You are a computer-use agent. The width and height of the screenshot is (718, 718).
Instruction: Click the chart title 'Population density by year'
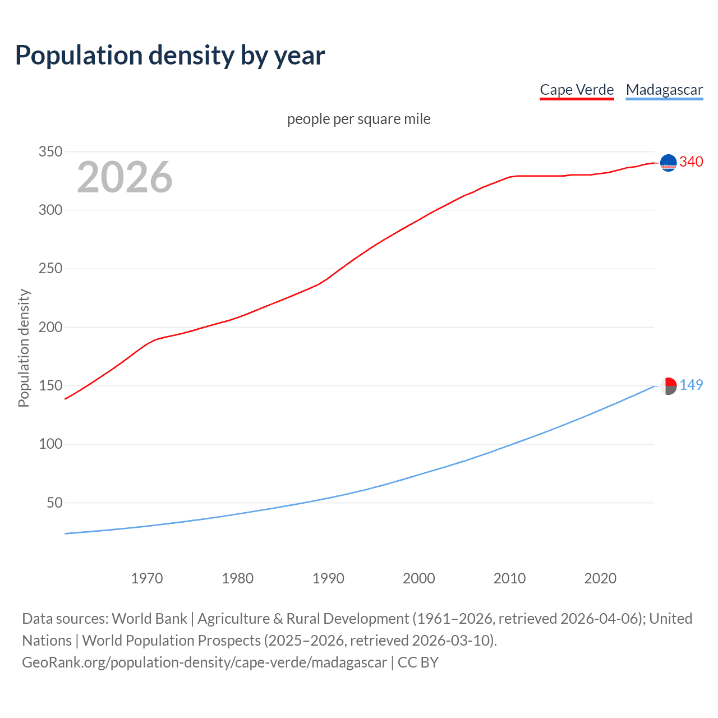170,56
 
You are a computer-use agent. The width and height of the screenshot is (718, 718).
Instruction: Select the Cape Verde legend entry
577,90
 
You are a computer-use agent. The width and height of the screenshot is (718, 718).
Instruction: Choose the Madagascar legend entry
664,90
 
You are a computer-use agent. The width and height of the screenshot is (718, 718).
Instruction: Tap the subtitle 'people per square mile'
358,119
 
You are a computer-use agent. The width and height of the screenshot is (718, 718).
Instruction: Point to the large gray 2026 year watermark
125,177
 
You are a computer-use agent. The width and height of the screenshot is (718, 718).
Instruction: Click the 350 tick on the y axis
50,151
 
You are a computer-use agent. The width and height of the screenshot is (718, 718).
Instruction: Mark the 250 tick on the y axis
50,269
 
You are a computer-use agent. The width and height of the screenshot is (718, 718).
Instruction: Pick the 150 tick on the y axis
50,385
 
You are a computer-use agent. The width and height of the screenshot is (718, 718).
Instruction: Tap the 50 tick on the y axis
54,503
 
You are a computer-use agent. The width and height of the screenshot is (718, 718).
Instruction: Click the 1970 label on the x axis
147,578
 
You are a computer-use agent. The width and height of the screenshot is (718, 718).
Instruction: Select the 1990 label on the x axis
328,578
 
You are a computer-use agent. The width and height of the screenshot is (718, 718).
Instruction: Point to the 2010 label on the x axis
509,578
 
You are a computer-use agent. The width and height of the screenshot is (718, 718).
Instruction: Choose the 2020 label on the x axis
600,578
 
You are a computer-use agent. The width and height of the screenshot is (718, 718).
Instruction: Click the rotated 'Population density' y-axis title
24,348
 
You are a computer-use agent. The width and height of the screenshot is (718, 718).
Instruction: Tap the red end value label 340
691,162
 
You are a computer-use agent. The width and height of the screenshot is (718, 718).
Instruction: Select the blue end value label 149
691,385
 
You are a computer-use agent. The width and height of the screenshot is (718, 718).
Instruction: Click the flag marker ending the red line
668,163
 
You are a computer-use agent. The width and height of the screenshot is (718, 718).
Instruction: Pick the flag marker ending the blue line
668,386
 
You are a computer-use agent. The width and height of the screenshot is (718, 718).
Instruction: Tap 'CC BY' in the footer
418,662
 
